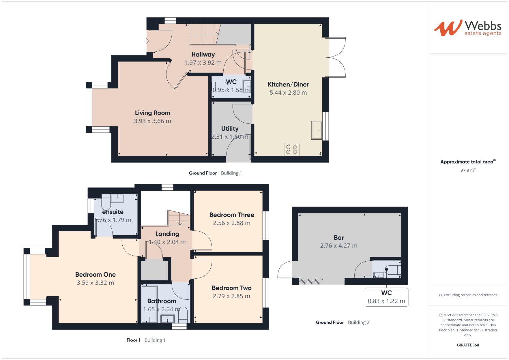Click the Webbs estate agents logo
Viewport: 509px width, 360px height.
467,28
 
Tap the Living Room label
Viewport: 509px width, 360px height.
152,113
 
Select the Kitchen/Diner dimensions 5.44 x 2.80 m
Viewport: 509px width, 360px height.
288,93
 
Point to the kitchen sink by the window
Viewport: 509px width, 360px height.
317,130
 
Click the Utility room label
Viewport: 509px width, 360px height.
230,129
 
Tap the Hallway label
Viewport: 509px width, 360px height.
203,54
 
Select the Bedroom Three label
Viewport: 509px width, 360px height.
231,215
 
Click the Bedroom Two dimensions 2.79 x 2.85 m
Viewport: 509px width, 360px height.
231,296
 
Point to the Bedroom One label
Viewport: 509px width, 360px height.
95,275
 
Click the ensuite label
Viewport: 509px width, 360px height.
113,212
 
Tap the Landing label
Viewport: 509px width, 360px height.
167,234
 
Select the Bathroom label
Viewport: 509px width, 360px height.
161,301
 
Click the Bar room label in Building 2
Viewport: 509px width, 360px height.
339,238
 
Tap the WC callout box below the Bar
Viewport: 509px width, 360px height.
386,297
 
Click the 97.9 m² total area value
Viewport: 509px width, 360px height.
468,170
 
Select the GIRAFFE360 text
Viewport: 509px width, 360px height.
468,345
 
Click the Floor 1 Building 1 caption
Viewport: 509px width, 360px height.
146,340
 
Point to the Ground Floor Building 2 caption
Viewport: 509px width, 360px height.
342,322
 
